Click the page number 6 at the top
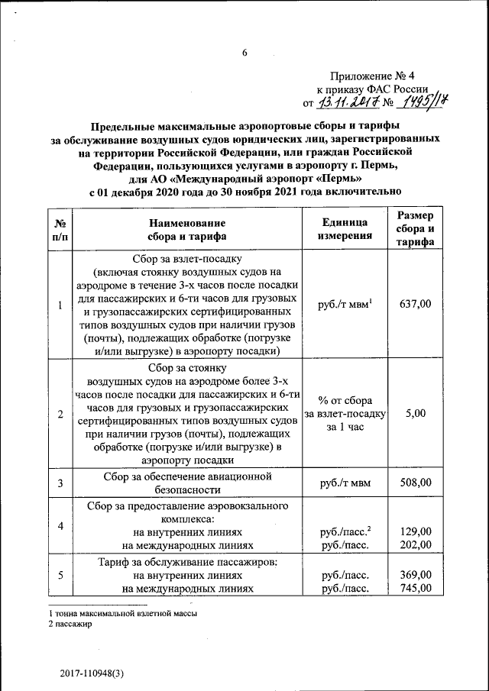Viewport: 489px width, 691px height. click(x=245, y=53)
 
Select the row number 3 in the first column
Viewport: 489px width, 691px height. click(x=60, y=483)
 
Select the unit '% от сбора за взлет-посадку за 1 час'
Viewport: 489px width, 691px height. click(x=345, y=413)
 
